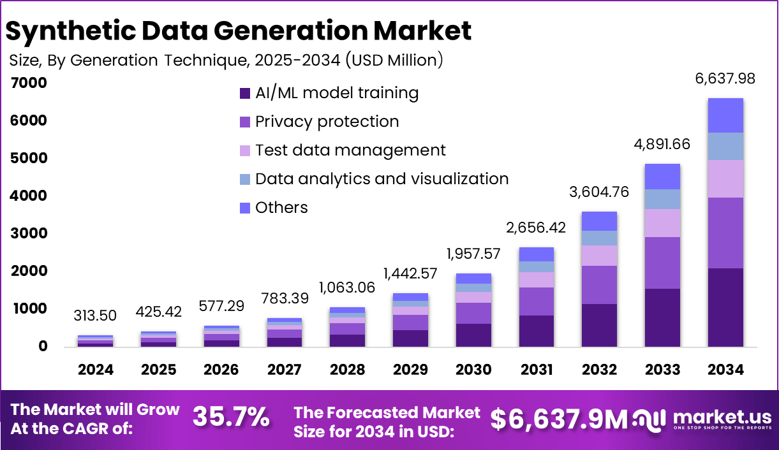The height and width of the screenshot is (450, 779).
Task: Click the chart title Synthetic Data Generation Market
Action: (239, 31)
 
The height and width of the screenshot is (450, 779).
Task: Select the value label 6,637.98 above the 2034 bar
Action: (725, 78)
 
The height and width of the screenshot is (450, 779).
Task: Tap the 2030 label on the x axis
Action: (473, 370)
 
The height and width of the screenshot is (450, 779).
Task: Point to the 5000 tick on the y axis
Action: (29, 158)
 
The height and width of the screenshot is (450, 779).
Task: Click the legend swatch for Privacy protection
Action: (244, 122)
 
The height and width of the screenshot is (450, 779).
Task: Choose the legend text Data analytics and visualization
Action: (382, 179)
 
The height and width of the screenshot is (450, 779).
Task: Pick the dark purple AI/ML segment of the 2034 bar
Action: (725, 307)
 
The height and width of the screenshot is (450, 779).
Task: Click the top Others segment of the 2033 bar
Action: (662, 177)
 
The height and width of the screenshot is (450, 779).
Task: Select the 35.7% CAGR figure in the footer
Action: (231, 417)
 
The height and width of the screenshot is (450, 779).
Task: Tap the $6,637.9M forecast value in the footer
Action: (559, 419)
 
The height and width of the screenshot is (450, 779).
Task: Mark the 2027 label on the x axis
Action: (285, 370)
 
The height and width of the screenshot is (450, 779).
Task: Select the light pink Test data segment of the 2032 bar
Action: (599, 256)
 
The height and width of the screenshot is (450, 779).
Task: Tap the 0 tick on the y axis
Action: (43, 347)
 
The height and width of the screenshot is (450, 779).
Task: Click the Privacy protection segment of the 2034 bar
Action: (725, 233)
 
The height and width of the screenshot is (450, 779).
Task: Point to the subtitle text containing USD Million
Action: (226, 61)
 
